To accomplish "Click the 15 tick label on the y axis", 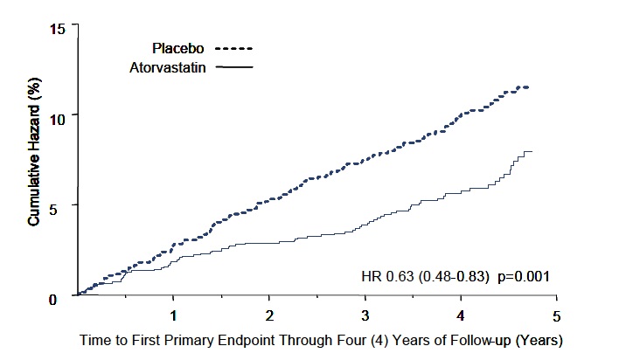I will (58, 29).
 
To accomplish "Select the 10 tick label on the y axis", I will (58, 114).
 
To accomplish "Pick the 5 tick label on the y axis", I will (61, 206).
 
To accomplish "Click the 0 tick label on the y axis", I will (61, 298).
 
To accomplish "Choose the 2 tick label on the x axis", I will (269, 314).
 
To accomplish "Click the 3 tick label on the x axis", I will (365, 314).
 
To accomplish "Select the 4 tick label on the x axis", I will (460, 314).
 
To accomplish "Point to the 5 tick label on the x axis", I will (555, 314).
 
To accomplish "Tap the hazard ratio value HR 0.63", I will (389, 276).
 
